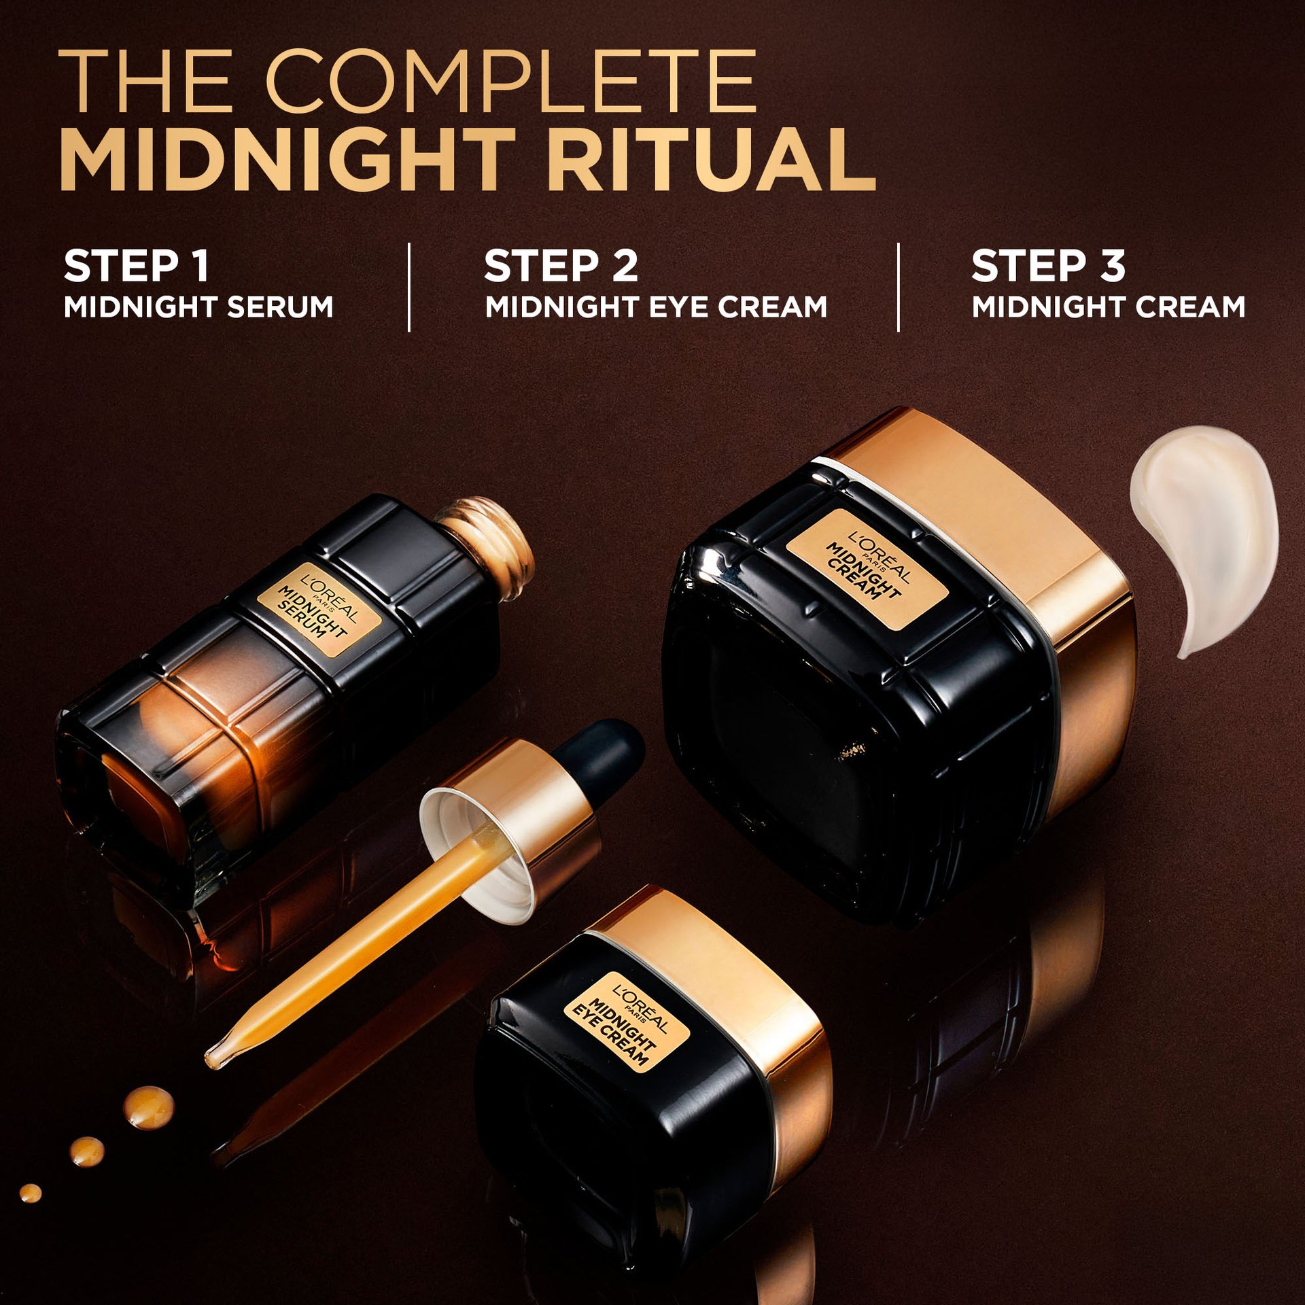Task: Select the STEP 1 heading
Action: pyautogui.click(x=136, y=266)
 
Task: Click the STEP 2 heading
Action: pyautogui.click(x=561, y=266)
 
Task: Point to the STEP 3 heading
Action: pyautogui.click(x=1049, y=266)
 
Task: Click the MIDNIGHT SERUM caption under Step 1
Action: pyautogui.click(x=198, y=307)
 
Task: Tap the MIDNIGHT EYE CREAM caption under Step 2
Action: pyautogui.click(x=657, y=307)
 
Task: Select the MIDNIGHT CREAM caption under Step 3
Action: pyautogui.click(x=1109, y=307)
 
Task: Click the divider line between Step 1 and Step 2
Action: pyautogui.click(x=409, y=288)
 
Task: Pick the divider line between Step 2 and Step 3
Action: pyautogui.click(x=899, y=288)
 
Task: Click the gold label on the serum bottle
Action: pyautogui.click(x=319, y=610)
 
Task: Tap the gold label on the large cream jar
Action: pyautogui.click(x=867, y=570)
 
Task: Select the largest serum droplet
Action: pyautogui.click(x=148, y=1107)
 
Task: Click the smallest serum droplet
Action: pyautogui.click(x=31, y=1193)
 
